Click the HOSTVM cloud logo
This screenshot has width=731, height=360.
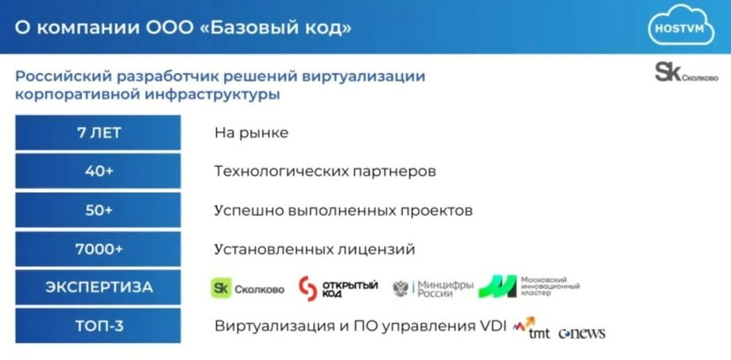click(681, 25)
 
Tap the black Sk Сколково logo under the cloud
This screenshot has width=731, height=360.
click(687, 73)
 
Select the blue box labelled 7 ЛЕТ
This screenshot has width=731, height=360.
click(98, 133)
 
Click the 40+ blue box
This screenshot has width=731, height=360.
click(98, 171)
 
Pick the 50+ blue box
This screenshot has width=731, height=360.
click(98, 211)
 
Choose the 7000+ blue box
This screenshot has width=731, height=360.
click(98, 249)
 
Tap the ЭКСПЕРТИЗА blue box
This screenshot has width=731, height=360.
click(98, 287)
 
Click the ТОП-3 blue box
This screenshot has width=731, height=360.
click(98, 326)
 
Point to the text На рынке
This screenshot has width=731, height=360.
click(251, 134)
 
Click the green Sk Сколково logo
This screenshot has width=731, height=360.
click(247, 288)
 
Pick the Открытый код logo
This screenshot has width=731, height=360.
click(338, 288)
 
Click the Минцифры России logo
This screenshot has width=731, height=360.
click(433, 288)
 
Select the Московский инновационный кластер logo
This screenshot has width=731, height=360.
click(529, 286)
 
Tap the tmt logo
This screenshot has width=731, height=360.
click(532, 328)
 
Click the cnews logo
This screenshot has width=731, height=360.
click(582, 333)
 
